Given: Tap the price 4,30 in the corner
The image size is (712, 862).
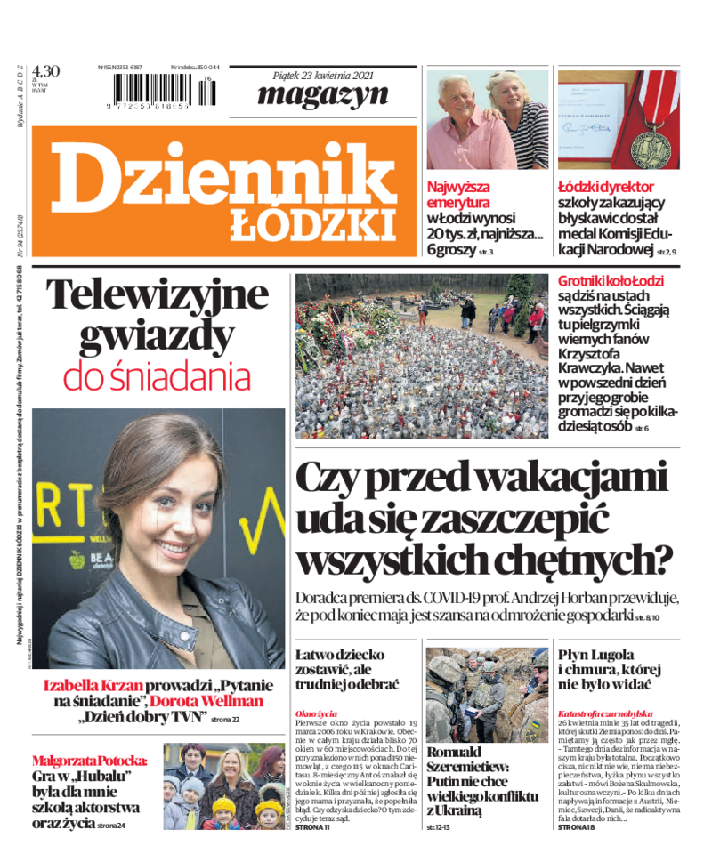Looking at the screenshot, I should (x=45, y=71).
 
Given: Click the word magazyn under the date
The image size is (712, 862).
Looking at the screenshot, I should (x=323, y=94).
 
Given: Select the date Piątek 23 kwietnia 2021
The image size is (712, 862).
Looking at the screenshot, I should (x=323, y=75).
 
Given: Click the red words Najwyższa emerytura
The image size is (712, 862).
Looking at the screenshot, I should (x=458, y=195).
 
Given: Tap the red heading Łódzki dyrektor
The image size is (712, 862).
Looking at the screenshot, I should (x=606, y=187).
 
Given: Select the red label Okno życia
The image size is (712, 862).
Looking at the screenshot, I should (x=316, y=713).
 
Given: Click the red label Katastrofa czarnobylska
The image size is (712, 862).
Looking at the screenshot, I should (x=604, y=713).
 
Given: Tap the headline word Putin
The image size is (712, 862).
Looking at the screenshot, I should (x=447, y=780).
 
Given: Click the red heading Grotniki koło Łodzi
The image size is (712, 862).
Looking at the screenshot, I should (x=611, y=281).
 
